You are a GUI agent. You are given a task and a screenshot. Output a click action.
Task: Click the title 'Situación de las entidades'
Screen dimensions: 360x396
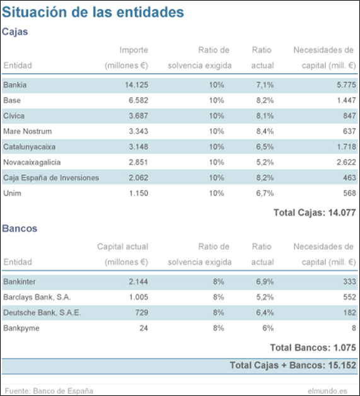coord(93,12)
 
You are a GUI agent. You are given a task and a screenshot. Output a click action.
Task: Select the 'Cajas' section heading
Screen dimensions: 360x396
coord(15,32)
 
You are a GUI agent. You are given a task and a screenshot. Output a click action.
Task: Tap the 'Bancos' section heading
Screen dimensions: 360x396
coord(20,228)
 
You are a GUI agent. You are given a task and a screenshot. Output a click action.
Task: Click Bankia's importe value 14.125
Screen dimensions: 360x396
coord(136,85)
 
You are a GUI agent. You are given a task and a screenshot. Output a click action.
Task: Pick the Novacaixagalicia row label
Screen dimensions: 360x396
coord(32,162)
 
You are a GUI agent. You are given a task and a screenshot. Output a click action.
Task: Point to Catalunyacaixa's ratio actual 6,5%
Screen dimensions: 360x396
coord(265,147)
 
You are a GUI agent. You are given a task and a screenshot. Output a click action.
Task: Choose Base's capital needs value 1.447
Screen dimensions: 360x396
coord(346,100)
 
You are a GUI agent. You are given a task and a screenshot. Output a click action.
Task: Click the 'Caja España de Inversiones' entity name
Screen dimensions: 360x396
coord(51,178)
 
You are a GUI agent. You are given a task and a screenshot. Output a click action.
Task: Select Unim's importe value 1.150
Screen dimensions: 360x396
coord(138,193)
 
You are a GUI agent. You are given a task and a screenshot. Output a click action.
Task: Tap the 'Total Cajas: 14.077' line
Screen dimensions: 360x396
coord(315,213)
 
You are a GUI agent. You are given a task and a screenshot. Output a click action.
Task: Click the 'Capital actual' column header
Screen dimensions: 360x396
coord(123,247)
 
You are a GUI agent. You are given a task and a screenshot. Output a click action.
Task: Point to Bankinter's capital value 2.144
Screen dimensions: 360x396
coord(138,282)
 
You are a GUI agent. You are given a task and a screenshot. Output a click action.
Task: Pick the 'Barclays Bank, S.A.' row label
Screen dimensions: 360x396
coord(37,297)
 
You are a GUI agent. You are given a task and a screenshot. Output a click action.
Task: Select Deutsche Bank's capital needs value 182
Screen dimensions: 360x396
coord(350,313)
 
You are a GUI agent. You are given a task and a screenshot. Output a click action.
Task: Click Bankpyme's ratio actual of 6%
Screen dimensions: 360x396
coord(268,328)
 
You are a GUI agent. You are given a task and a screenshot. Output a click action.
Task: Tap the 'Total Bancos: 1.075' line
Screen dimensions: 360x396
coord(313,348)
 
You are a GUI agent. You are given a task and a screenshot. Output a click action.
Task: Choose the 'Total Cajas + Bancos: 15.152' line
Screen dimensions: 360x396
coord(293,366)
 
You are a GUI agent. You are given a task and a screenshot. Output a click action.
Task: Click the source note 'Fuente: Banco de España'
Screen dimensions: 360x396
coord(49,391)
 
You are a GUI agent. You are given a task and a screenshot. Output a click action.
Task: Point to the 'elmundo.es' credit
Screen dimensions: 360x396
coord(327,391)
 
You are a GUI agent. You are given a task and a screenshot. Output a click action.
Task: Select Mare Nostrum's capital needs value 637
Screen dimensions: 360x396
coord(350,131)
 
